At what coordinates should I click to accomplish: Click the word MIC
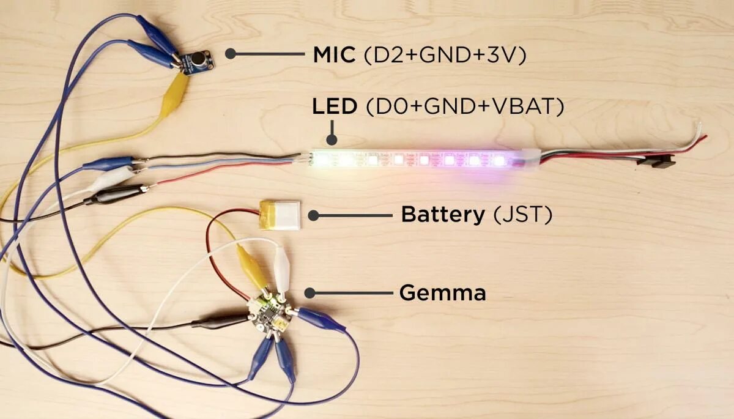(x=333, y=54)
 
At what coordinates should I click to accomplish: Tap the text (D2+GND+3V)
(x=445, y=55)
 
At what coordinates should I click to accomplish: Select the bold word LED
(x=334, y=107)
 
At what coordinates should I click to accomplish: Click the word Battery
(x=442, y=215)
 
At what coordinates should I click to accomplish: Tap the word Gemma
(x=442, y=293)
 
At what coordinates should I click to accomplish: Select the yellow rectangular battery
(x=280, y=215)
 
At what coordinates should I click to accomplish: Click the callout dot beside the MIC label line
(x=231, y=54)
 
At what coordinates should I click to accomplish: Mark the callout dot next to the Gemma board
(x=310, y=293)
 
